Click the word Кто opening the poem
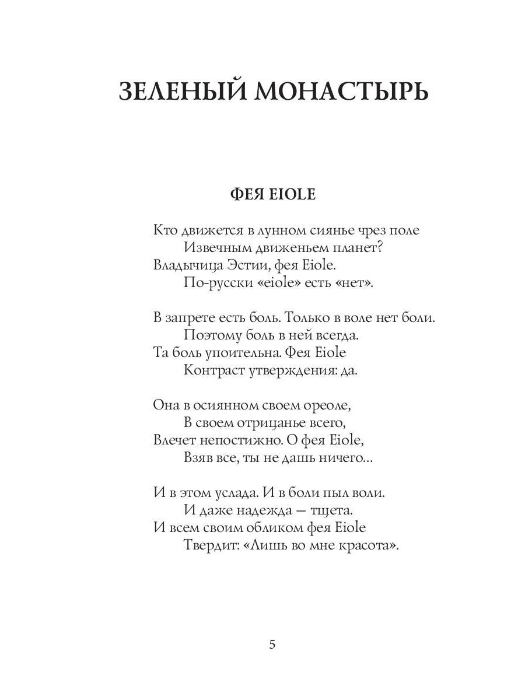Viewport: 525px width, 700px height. coord(165,230)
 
